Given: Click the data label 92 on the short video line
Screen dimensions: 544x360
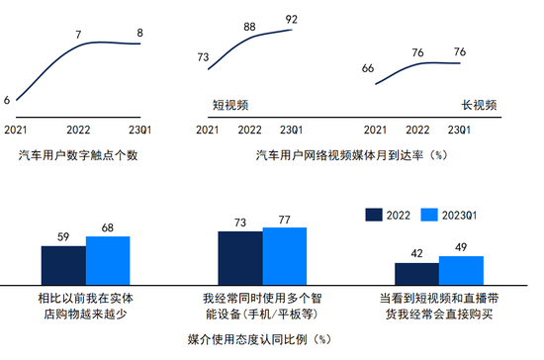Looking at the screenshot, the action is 292,19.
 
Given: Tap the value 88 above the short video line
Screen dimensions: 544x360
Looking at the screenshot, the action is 249,27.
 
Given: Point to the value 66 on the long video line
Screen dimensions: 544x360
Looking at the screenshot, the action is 368,68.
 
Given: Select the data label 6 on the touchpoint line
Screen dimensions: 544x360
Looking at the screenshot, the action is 7,100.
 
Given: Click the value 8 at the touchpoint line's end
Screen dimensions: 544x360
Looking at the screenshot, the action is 139,33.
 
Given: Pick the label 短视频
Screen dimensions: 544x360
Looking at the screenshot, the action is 230,105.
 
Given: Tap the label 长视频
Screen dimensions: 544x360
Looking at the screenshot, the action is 479,105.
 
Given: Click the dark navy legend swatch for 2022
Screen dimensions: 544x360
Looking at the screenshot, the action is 374,215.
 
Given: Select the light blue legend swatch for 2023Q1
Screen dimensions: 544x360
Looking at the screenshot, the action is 429,215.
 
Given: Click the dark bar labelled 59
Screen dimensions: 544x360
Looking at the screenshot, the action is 63,266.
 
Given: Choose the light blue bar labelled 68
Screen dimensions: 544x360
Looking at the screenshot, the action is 108,261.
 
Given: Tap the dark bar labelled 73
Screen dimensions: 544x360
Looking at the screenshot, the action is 240,258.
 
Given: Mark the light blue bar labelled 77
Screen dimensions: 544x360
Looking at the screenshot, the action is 285,256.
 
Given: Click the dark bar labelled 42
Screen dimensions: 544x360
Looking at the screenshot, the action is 416,274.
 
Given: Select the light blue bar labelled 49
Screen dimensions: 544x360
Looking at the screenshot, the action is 461,271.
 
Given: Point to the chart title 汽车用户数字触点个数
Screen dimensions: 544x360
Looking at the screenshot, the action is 78,155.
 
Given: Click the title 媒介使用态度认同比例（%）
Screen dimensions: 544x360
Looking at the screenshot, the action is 259,339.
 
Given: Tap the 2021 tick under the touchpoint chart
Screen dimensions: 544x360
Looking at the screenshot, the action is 15,131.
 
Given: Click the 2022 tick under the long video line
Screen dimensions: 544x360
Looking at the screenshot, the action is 417,131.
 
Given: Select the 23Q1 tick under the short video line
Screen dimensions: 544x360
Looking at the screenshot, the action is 291,131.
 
